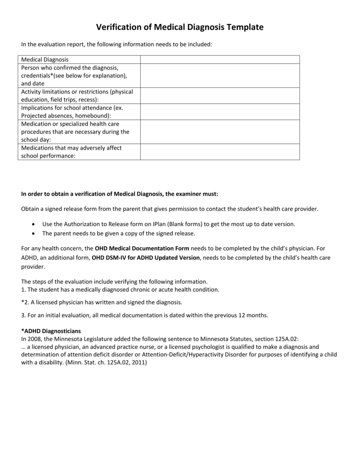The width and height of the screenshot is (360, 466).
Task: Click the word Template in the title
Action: (x=241, y=28)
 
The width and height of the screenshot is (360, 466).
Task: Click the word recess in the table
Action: (x=88, y=100)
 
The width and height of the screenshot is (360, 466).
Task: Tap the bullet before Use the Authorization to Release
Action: (x=35, y=224)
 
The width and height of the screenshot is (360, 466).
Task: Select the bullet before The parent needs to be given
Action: (x=35, y=233)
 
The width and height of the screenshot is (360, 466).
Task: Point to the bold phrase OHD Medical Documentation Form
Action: (x=142, y=248)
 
